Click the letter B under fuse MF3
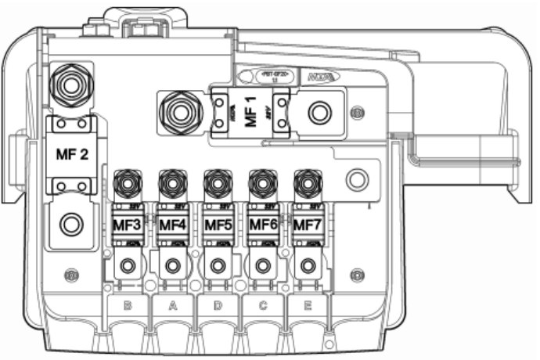128,306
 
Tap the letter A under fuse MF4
172,306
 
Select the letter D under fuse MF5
218,306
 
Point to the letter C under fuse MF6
263,306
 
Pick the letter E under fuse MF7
308,306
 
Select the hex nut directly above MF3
127,185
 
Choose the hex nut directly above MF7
308,185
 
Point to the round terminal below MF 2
71,225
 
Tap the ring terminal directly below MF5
218,266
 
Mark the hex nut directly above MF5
218,185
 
